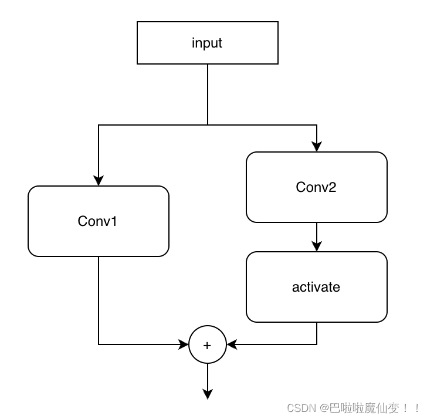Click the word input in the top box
click(207, 43)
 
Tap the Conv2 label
click(316, 187)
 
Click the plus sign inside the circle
click(207, 346)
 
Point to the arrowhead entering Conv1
click(99, 181)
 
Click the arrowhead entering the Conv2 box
click(317, 147)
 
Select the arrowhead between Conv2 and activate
click(317, 246)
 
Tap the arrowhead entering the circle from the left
click(184, 344)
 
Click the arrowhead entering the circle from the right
click(231, 344)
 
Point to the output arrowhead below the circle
click(207, 394)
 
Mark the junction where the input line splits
click(208, 124)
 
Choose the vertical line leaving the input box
click(208, 94)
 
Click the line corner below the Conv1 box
click(99, 344)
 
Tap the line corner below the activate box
click(317, 344)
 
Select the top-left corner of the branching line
click(99, 124)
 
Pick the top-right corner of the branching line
click(317, 124)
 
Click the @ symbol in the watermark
click(324, 407)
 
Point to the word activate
click(316, 287)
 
